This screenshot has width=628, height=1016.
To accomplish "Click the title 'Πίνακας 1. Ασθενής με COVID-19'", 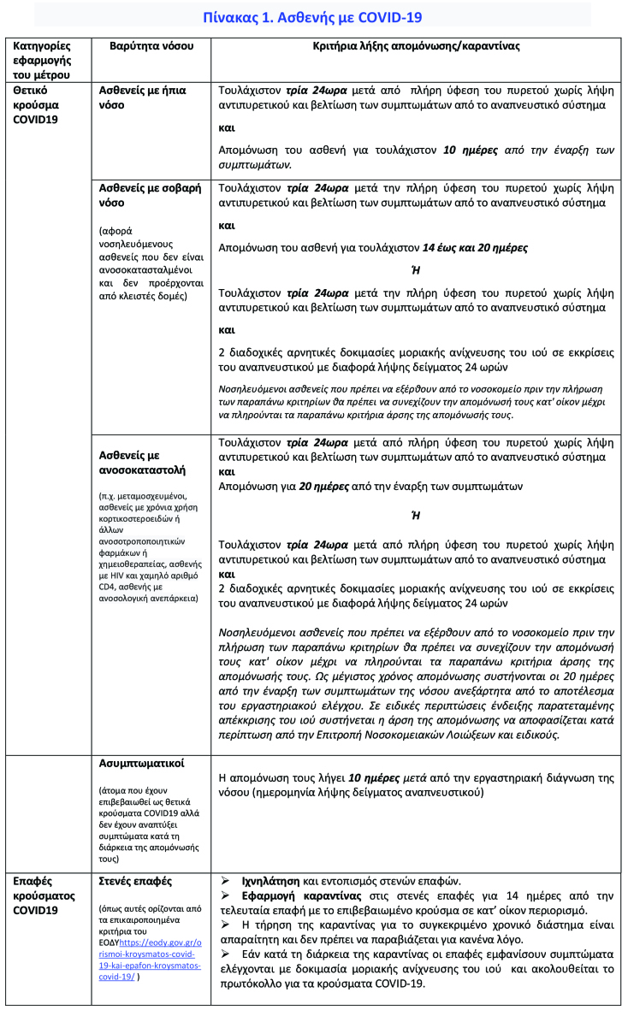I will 312,16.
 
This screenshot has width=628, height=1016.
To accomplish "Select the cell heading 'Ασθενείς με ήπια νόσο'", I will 143,97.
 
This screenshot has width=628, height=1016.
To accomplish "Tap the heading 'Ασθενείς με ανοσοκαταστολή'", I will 142,463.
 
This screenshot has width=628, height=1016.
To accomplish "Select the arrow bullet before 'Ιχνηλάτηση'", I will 227,881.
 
